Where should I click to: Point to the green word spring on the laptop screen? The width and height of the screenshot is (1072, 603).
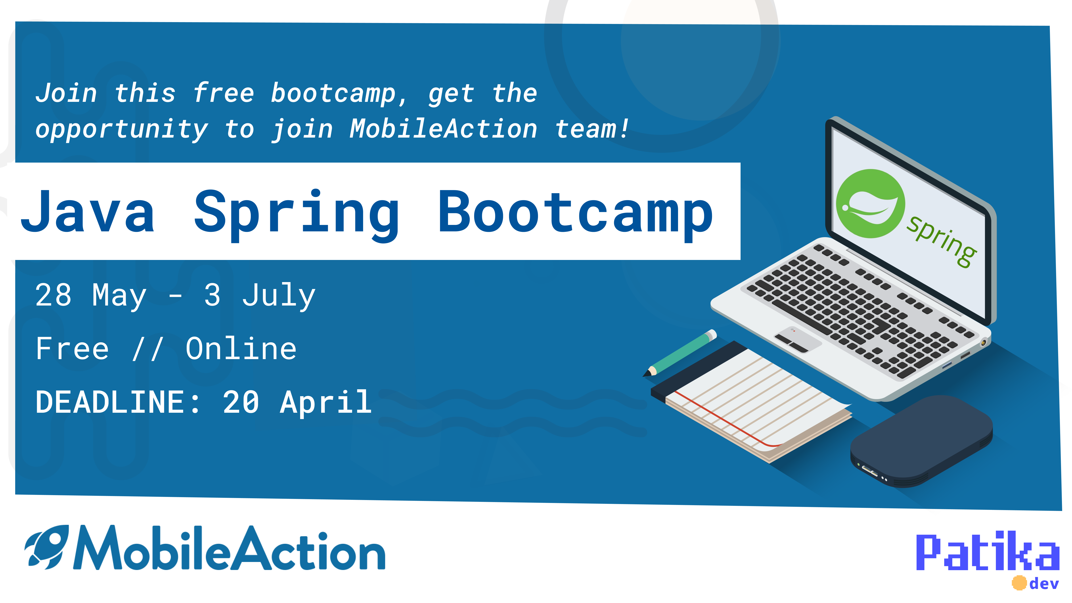[x=941, y=241]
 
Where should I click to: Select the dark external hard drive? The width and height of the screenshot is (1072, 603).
[x=922, y=441]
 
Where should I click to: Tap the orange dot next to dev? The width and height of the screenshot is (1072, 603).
[x=1019, y=583]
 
